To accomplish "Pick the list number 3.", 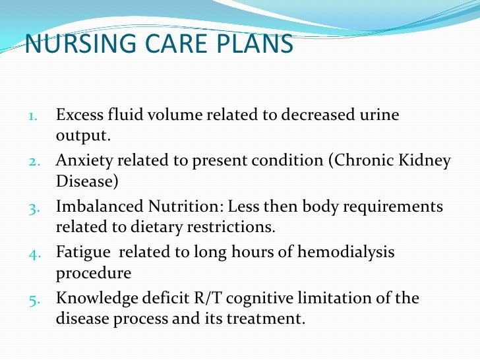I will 34,208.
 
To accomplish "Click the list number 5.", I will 34,299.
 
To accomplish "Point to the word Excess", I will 77,115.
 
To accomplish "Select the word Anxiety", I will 80,161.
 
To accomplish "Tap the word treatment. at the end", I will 268,318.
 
